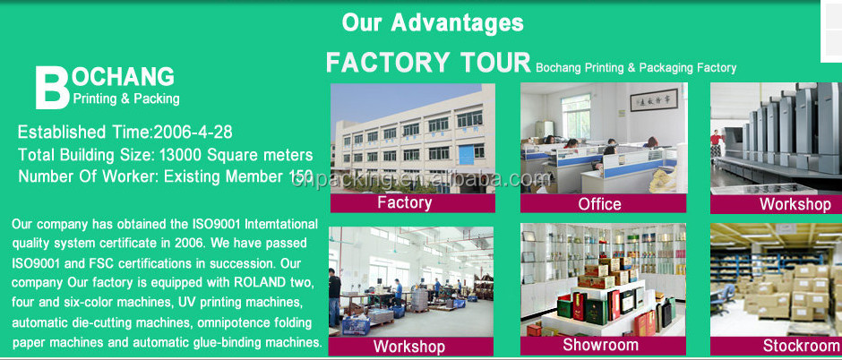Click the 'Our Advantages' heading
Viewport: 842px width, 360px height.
point(433,22)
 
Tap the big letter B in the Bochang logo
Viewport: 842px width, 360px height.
point(52,88)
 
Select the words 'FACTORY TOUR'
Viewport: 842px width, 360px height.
point(428,63)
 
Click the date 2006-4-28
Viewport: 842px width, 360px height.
point(193,132)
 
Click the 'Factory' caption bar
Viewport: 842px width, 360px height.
point(412,202)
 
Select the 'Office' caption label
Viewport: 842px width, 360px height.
point(600,204)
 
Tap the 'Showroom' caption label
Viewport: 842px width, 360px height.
point(600,345)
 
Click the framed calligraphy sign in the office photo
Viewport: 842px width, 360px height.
point(654,99)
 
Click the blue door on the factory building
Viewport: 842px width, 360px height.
point(466,154)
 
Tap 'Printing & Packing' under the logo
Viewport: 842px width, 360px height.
point(126,99)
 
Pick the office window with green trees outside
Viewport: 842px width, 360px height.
point(576,116)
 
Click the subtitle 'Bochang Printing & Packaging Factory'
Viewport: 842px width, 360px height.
point(636,67)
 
